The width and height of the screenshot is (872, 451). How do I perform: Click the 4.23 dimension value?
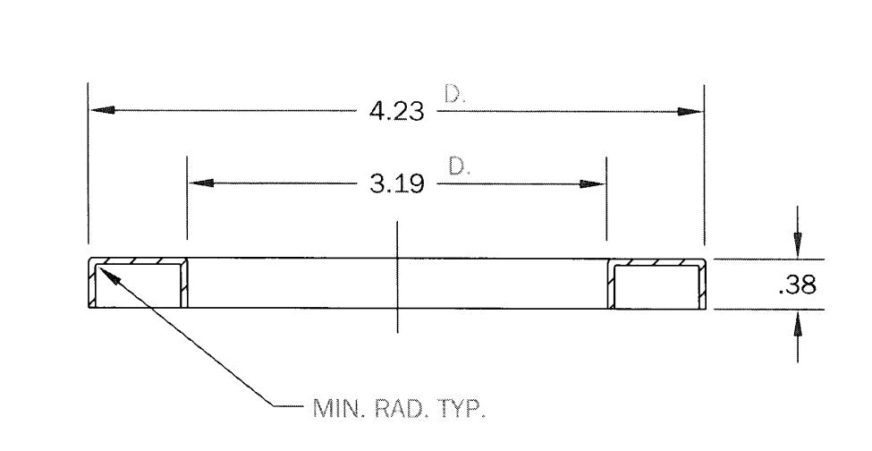(x=396, y=112)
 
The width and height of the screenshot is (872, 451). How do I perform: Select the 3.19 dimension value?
(x=396, y=183)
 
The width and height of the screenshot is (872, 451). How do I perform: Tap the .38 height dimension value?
(x=798, y=285)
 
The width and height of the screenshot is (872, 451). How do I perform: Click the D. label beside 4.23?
(x=454, y=93)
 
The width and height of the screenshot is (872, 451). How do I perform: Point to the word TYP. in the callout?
(x=461, y=408)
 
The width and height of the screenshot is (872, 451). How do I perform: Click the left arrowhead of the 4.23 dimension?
(x=103, y=110)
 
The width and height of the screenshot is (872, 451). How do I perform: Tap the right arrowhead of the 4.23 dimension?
(x=690, y=111)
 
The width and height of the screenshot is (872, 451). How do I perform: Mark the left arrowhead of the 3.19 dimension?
(x=201, y=183)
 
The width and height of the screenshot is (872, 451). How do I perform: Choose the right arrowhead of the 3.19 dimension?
(x=592, y=184)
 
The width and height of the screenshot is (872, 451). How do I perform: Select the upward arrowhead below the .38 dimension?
(x=798, y=323)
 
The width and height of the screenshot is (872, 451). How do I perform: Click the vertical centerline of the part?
(x=397, y=277)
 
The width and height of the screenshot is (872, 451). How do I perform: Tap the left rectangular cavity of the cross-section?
(x=139, y=285)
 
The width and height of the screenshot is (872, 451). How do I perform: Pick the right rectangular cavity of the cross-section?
(x=656, y=287)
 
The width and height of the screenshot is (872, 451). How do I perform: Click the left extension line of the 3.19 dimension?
(x=187, y=198)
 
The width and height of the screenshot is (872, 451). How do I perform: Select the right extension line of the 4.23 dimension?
(x=704, y=166)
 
